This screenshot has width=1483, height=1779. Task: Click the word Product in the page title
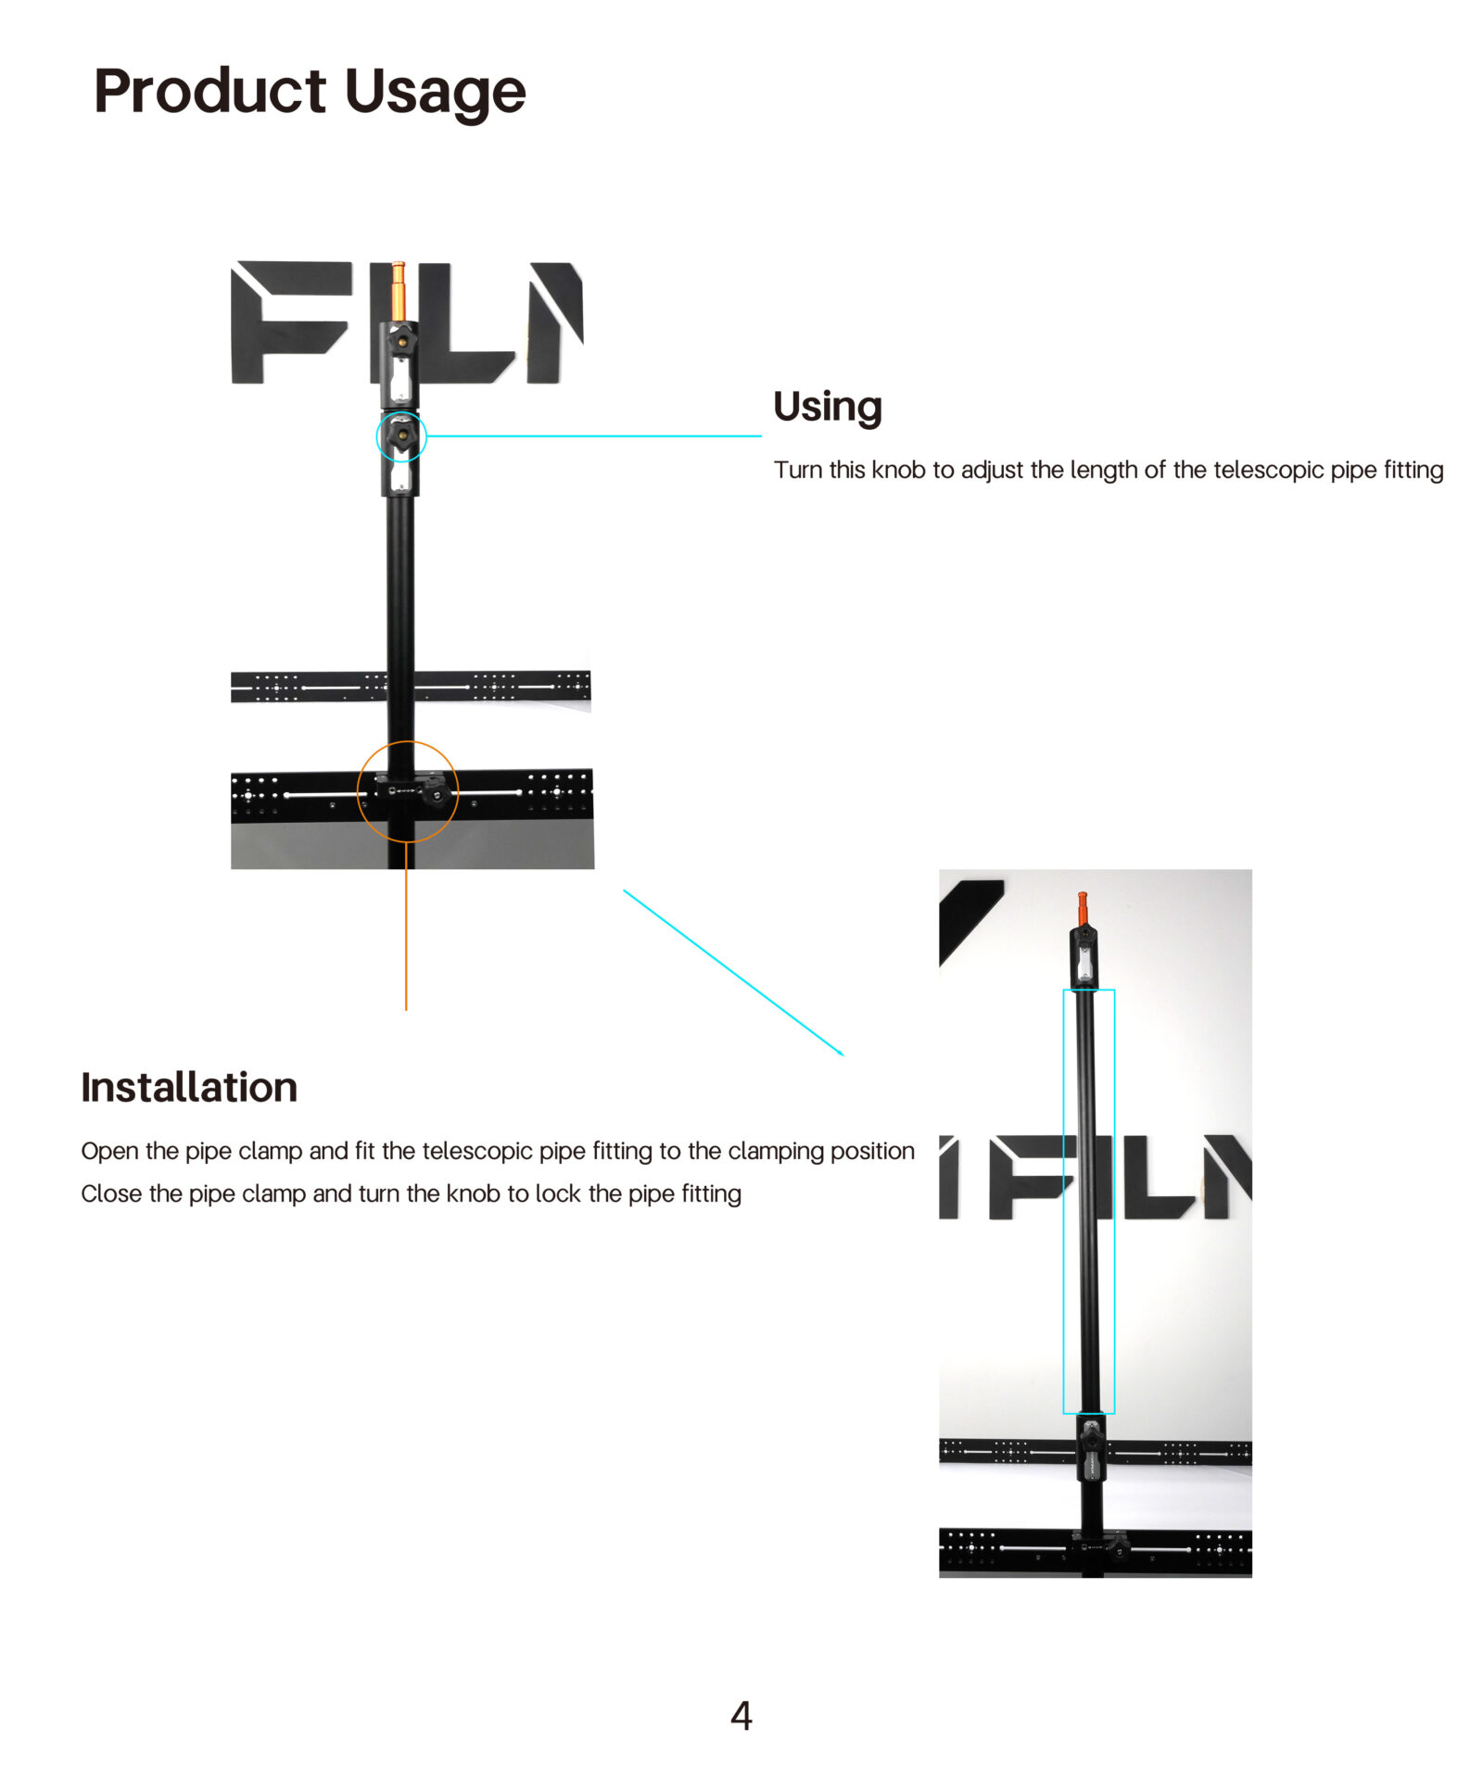tap(209, 92)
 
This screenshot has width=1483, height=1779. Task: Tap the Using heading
tap(827, 407)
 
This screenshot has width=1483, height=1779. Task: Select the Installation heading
tap(189, 1086)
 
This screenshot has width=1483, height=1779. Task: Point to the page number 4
tap(741, 1715)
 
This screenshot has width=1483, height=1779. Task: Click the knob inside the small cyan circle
tap(401, 435)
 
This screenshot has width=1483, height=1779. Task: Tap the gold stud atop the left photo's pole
tap(398, 291)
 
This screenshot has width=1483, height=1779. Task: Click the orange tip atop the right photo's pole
tap(1082, 907)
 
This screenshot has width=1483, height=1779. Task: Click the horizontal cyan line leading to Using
tap(594, 435)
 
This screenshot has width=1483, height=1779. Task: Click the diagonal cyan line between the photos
tap(733, 973)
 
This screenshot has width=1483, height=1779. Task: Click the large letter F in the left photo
tap(290, 322)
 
